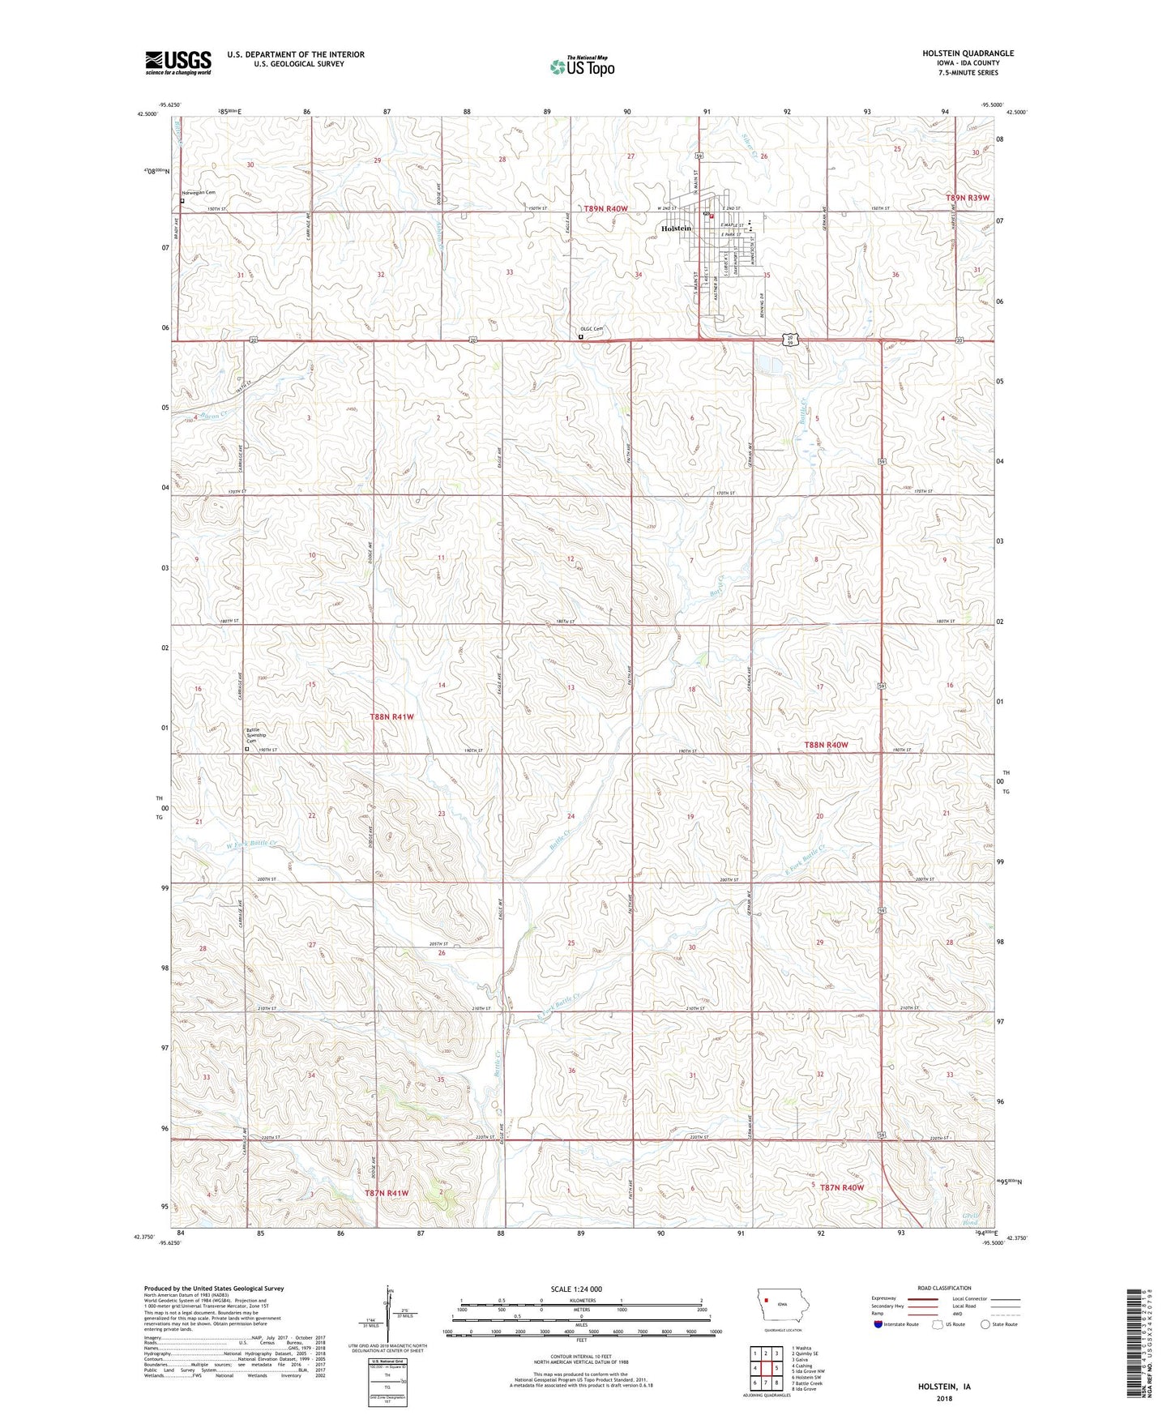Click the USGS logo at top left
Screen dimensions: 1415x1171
click(x=177, y=62)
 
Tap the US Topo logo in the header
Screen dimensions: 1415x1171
click(x=582, y=66)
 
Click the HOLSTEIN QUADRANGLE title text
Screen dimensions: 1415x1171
click(x=968, y=53)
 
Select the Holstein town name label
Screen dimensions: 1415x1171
click(x=676, y=229)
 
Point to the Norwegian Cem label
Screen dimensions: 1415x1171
click(x=199, y=193)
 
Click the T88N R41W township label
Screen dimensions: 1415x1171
click(x=391, y=717)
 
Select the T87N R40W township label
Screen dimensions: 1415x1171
click(x=842, y=1187)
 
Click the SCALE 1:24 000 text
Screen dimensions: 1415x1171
click(x=575, y=1289)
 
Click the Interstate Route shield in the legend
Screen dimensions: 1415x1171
click(x=879, y=1325)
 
